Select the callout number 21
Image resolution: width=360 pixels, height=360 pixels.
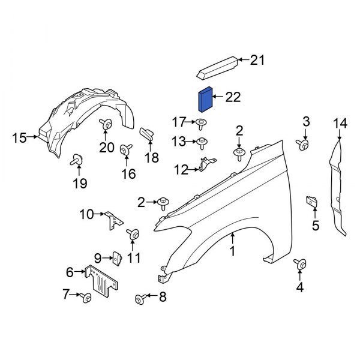pos(257,59)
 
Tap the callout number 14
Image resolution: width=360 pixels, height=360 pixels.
pos(340,124)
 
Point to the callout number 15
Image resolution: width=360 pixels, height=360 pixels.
pos(19,138)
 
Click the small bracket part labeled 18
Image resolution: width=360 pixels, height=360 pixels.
pos(146,136)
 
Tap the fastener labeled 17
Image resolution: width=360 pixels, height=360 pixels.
pos(199,124)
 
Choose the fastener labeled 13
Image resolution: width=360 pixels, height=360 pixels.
pos(203,142)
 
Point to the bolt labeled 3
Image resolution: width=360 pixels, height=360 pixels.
pos(304,145)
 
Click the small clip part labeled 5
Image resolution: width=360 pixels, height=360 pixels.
pos(312,203)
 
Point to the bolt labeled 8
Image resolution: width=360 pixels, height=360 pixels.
pos(141,297)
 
